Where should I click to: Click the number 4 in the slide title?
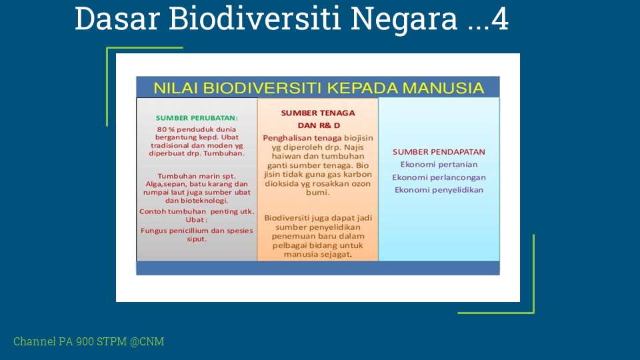tap(500, 19)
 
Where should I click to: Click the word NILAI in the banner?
tap(175, 88)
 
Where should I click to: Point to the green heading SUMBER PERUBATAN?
tap(197, 118)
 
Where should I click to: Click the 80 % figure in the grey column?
tap(166, 129)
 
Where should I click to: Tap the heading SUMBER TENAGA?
tap(318, 113)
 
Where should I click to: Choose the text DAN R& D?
tap(319, 125)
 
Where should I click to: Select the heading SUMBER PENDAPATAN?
tap(439, 152)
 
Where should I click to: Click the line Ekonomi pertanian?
tap(439, 165)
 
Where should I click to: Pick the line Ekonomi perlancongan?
tap(439, 177)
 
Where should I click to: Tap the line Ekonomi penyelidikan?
tap(439, 190)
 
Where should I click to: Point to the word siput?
tap(197, 239)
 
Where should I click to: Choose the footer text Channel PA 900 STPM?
tap(70, 341)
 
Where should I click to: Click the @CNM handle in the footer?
tap(147, 341)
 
